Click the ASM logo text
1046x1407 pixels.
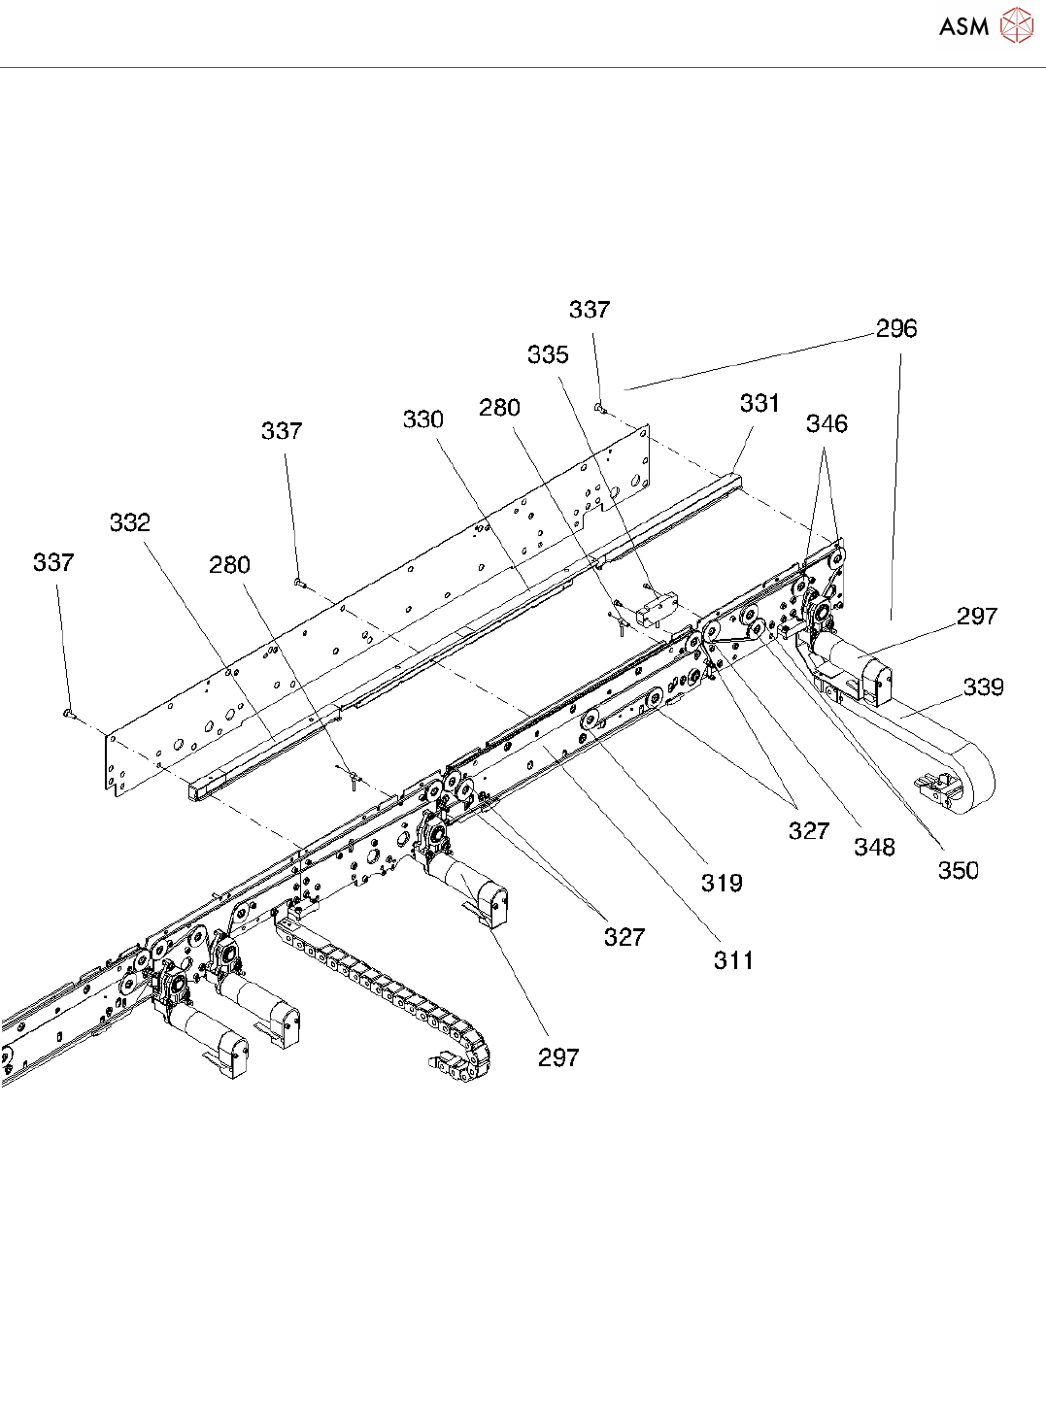pyautogui.click(x=963, y=27)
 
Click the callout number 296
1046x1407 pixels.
pyautogui.click(x=895, y=329)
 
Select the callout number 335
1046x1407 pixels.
pyautogui.click(x=548, y=355)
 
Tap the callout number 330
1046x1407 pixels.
pyautogui.click(x=423, y=419)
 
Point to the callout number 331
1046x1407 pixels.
pyautogui.click(x=759, y=403)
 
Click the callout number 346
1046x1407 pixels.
pyautogui.click(x=827, y=424)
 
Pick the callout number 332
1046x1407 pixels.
pyautogui.click(x=130, y=523)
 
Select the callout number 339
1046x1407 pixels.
pyautogui.click(x=983, y=687)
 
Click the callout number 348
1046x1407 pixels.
pyautogui.click(x=874, y=848)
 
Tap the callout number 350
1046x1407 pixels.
pyautogui.click(x=958, y=871)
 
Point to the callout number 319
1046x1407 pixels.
pyautogui.click(x=722, y=884)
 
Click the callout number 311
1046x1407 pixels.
pyautogui.click(x=733, y=961)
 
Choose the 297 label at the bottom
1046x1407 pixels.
pyautogui.click(x=558, y=1058)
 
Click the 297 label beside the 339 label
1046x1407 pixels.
pyautogui.click(x=977, y=617)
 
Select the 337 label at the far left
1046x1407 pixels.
pyautogui.click(x=53, y=563)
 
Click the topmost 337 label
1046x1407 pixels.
pyautogui.click(x=590, y=310)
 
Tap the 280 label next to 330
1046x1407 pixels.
pyautogui.click(x=499, y=409)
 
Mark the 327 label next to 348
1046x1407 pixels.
pyautogui.click(x=809, y=831)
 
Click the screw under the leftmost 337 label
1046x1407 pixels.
pyautogui.click(x=68, y=714)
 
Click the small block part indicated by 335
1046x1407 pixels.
pyautogui.click(x=657, y=609)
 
